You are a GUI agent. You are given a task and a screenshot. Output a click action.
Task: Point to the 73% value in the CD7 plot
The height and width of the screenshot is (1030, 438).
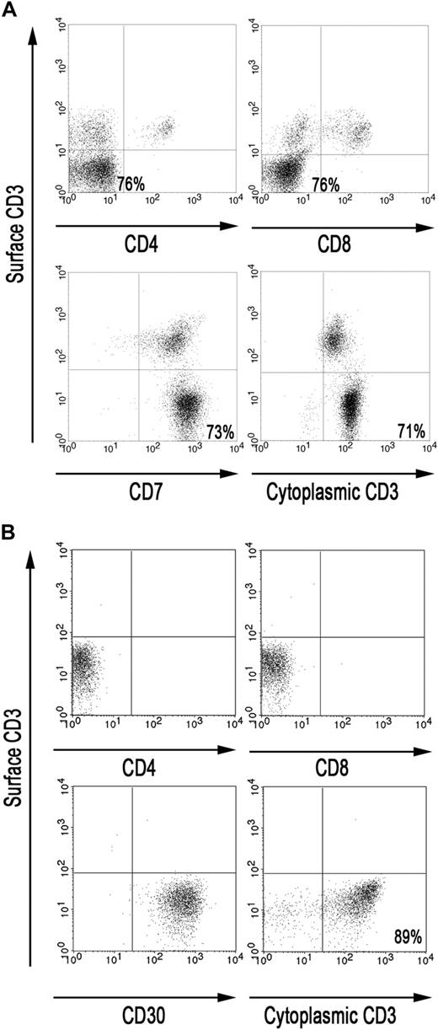click(221, 432)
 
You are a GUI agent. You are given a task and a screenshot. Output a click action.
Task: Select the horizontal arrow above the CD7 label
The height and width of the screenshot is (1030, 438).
click(146, 475)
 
